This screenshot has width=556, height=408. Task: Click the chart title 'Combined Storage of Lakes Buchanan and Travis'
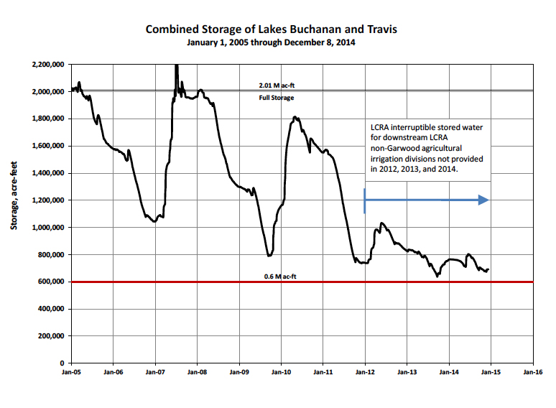[271, 29]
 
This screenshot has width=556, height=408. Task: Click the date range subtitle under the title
[271, 42]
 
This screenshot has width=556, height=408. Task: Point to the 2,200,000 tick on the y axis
[49, 65]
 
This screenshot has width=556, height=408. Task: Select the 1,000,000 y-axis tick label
[49, 228]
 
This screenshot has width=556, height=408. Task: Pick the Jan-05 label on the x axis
[70, 373]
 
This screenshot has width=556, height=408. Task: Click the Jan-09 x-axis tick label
[239, 373]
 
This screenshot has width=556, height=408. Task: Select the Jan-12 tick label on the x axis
[365, 373]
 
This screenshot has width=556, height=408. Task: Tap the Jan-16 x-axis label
[533, 373]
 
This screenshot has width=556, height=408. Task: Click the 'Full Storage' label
[276, 97]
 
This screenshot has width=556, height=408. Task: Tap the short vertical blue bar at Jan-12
[365, 200]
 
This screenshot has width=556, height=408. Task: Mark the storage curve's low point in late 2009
[269, 256]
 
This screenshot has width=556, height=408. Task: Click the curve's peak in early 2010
[295, 117]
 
